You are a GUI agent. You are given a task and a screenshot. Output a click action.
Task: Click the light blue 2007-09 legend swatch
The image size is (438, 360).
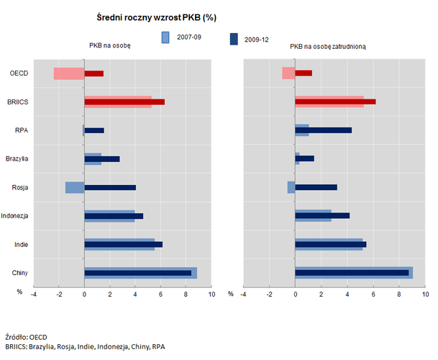click(165, 37)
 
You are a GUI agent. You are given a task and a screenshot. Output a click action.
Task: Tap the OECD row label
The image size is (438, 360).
click(19, 73)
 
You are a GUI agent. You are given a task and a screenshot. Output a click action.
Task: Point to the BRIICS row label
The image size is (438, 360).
click(17, 102)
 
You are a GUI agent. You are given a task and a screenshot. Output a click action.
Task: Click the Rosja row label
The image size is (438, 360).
click(20, 187)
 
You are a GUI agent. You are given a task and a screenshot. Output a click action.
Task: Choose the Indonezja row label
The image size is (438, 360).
click(14, 216)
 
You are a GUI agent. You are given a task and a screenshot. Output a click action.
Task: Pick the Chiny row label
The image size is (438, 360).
click(20, 273)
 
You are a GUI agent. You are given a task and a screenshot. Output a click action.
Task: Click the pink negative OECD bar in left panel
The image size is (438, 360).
click(68, 73)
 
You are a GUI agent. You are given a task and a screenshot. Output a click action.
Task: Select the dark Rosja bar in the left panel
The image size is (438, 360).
click(110, 187)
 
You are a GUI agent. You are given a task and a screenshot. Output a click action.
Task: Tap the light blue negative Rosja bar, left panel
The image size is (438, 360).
click(74, 187)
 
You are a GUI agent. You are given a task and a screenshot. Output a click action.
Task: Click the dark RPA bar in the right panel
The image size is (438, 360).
click(323, 130)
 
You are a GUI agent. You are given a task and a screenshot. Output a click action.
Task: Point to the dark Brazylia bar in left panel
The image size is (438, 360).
click(101, 158)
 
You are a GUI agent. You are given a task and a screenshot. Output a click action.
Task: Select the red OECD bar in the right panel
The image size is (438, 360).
click(304, 73)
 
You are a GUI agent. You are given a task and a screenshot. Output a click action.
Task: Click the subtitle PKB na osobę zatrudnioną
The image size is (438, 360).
click(328, 47)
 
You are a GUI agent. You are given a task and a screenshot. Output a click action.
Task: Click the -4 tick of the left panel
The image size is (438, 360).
click(33, 294)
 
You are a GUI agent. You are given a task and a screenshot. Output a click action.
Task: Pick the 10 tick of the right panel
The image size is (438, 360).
click(425, 294)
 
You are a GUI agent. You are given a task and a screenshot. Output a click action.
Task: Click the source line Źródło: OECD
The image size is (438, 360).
click(26, 336)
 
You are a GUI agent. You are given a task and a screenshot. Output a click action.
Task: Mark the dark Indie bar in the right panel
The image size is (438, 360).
click(331, 244)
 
